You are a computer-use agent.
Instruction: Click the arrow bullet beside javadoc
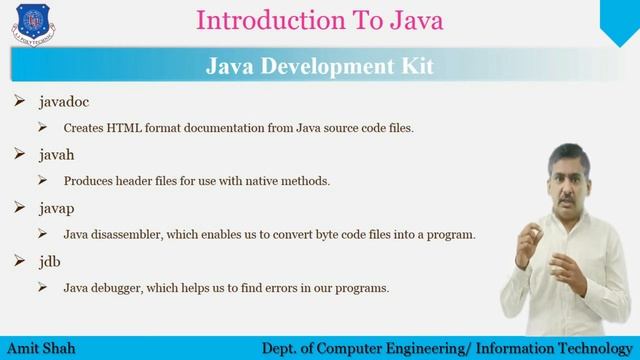[20, 102]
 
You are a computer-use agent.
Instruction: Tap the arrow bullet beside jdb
[20, 261]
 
